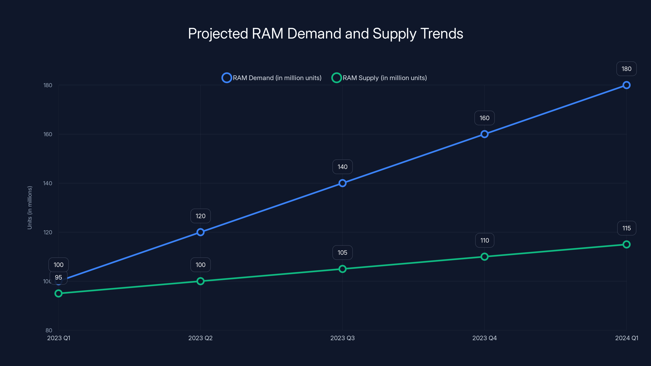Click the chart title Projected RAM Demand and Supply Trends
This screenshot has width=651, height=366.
(325, 34)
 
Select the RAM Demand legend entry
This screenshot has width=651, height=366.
(272, 78)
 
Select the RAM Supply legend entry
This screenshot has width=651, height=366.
(379, 78)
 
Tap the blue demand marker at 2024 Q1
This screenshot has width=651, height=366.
(626, 85)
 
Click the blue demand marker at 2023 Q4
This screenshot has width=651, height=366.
(484, 134)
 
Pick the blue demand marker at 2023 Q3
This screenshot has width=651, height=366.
(342, 183)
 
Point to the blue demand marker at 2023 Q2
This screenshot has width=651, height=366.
(200, 232)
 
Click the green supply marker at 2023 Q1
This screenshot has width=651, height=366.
(58, 293)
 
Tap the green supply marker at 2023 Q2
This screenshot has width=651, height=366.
(200, 281)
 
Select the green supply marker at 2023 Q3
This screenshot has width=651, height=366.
(342, 269)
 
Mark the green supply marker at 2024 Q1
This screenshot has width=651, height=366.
(626, 244)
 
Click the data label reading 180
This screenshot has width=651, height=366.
(626, 69)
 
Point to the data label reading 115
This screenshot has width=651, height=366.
(626, 228)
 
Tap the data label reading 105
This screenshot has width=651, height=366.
(342, 253)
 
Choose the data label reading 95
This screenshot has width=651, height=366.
(58, 277)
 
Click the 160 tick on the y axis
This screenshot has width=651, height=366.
(48, 134)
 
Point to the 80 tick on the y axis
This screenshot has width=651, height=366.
(49, 330)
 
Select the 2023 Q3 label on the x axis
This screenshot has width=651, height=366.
(342, 338)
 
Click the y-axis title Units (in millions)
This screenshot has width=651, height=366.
(29, 208)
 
